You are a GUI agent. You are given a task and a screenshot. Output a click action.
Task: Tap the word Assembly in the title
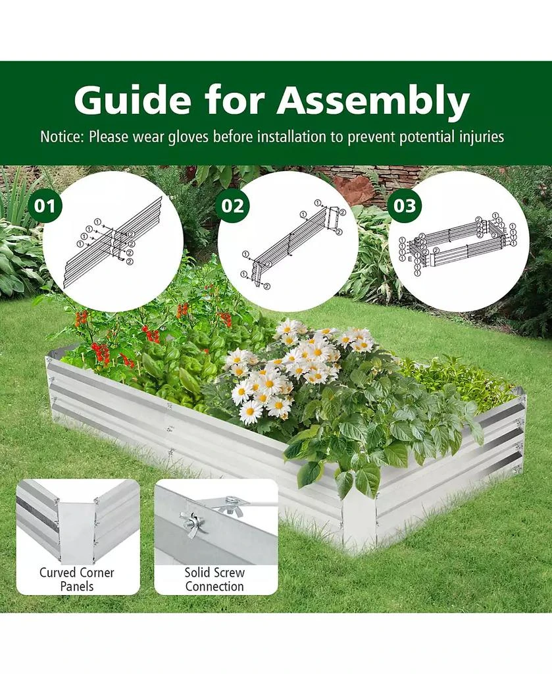tap(373, 100)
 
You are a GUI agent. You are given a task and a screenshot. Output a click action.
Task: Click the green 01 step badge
tap(45, 205)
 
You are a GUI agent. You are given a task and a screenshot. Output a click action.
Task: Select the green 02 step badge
tap(232, 205)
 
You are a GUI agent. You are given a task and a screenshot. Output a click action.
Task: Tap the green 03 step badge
tap(405, 205)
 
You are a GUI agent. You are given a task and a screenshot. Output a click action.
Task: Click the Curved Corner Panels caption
tap(77, 579)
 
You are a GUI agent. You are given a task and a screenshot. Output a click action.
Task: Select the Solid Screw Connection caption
tap(214, 579)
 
